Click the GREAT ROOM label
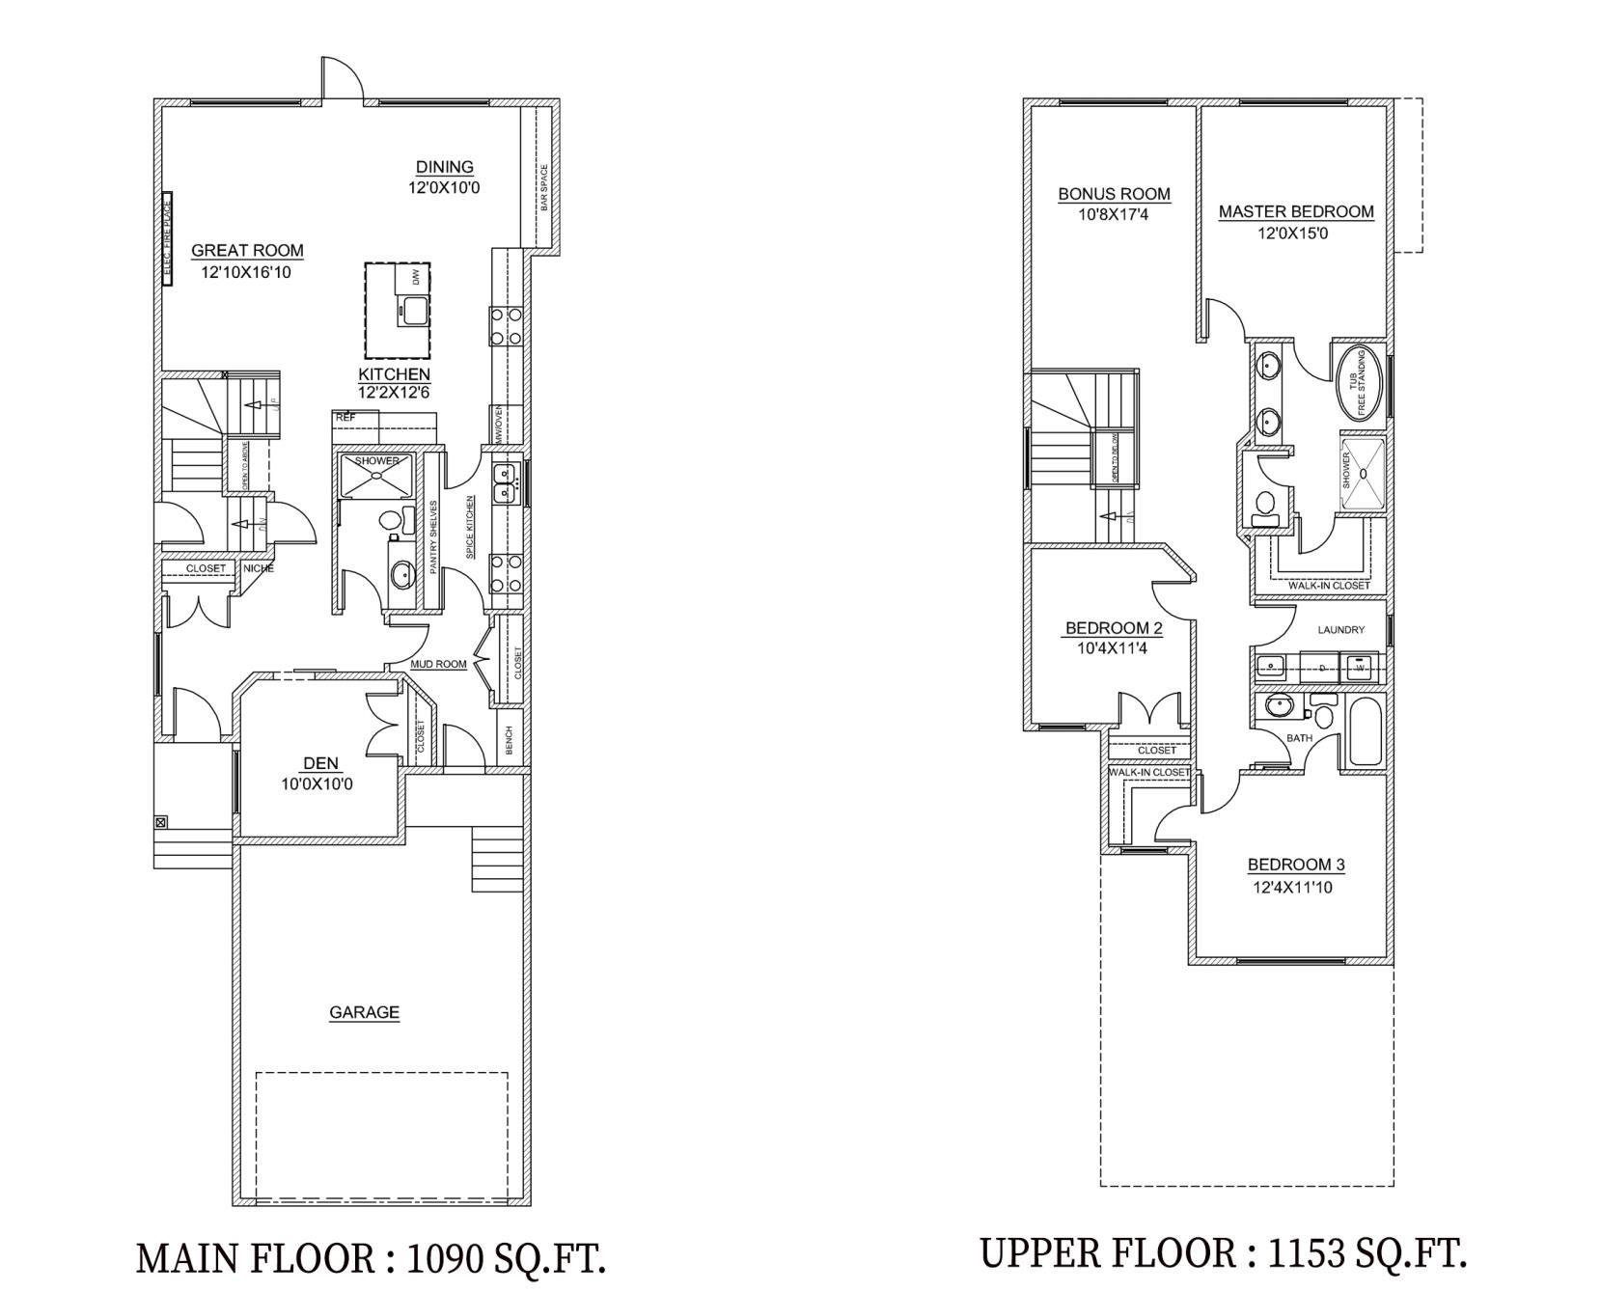coord(247,251)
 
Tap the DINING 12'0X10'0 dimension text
coord(444,187)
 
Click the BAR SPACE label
coord(544,188)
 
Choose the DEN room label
coord(321,763)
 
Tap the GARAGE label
coord(364,1012)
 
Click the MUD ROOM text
coord(439,664)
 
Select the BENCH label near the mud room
coord(510,741)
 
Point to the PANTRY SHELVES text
coord(434,537)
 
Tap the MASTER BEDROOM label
coord(1295,212)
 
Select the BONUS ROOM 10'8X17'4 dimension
coord(1114,214)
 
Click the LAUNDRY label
coord(1340,630)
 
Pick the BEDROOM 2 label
coord(1114,629)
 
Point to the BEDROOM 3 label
coord(1295,865)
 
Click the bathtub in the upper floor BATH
coord(1364,730)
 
